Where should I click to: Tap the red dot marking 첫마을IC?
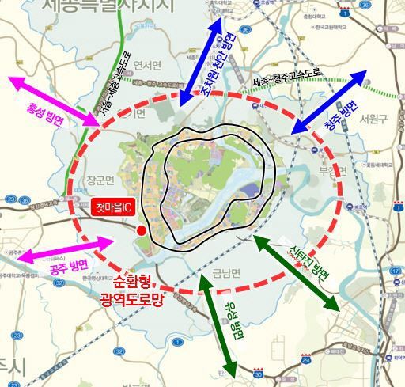141,230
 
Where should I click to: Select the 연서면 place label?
147,65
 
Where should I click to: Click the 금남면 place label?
226,274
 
